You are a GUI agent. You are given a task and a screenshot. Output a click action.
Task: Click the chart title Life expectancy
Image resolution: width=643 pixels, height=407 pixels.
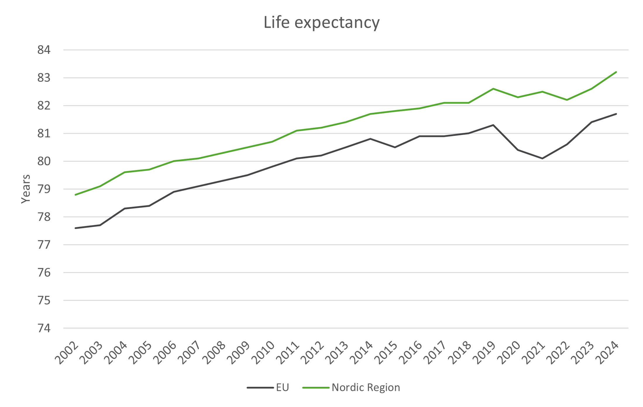coord(321,23)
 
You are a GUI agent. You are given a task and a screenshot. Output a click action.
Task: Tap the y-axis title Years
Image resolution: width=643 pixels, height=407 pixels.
coord(26,189)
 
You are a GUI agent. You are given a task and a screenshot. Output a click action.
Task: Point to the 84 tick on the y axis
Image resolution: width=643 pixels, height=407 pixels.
coord(44,50)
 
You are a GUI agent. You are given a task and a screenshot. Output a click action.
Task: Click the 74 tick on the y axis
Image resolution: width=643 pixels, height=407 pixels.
coord(44,329)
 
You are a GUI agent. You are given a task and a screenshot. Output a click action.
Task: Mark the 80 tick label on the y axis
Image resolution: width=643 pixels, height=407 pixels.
coord(44,161)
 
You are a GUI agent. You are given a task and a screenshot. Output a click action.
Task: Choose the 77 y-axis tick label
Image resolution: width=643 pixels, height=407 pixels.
coord(44,245)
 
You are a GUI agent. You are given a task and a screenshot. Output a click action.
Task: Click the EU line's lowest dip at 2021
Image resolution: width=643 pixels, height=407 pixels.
coord(542,158)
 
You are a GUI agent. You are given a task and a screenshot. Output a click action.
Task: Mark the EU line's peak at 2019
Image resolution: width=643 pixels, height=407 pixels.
coord(493,125)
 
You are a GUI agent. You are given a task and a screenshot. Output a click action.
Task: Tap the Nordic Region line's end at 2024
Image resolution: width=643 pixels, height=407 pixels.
coord(616,72)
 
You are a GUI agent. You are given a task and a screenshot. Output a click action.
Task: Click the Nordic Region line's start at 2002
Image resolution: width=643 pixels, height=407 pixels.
coord(75,195)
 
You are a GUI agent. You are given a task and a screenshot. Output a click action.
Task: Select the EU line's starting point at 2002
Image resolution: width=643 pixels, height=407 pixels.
coord(75,228)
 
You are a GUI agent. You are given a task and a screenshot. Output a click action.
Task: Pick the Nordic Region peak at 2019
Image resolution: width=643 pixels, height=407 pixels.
coord(493,89)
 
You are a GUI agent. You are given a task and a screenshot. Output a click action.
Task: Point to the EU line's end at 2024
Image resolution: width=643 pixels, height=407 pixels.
coord(616,114)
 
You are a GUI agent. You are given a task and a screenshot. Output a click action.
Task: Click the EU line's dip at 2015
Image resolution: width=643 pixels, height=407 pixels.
coord(395,147)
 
